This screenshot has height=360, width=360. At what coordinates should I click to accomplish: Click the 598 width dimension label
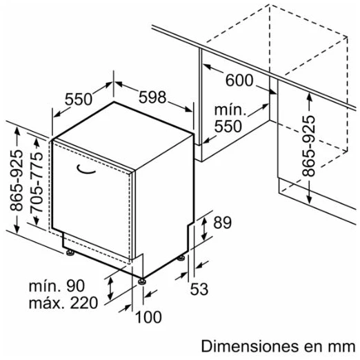[152, 97]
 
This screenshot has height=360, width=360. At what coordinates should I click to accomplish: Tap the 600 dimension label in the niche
[239, 81]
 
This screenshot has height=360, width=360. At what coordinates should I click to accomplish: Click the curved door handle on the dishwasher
[86, 169]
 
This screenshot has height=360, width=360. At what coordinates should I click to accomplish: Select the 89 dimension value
[222, 222]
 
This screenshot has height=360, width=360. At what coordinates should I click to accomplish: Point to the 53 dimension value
[199, 289]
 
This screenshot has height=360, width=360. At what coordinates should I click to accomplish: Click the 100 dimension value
[148, 317]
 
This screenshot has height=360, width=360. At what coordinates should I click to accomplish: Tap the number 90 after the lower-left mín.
[76, 286]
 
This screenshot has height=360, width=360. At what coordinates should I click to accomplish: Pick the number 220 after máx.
[84, 303]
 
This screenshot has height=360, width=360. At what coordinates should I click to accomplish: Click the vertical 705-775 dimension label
[37, 183]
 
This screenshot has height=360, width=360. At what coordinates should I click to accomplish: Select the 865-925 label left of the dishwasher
[17, 180]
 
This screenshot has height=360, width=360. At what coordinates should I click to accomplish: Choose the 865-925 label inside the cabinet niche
[308, 146]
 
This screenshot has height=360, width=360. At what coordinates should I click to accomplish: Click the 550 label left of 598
[79, 99]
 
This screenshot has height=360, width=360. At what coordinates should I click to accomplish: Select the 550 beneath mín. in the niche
[228, 126]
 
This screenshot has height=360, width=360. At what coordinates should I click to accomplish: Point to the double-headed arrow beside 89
[204, 229]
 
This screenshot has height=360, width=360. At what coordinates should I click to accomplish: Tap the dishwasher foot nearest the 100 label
[141, 281]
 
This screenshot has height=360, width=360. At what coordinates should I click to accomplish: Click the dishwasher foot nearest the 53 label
[181, 258]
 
